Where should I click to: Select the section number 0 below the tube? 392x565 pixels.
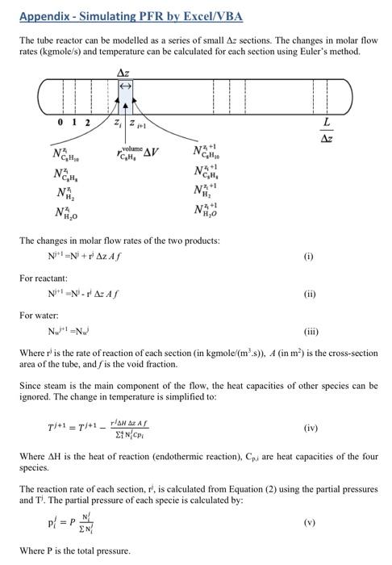tap(61, 123)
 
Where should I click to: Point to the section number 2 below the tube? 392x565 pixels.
tap(87, 123)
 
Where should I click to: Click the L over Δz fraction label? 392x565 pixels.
tap(325, 128)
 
